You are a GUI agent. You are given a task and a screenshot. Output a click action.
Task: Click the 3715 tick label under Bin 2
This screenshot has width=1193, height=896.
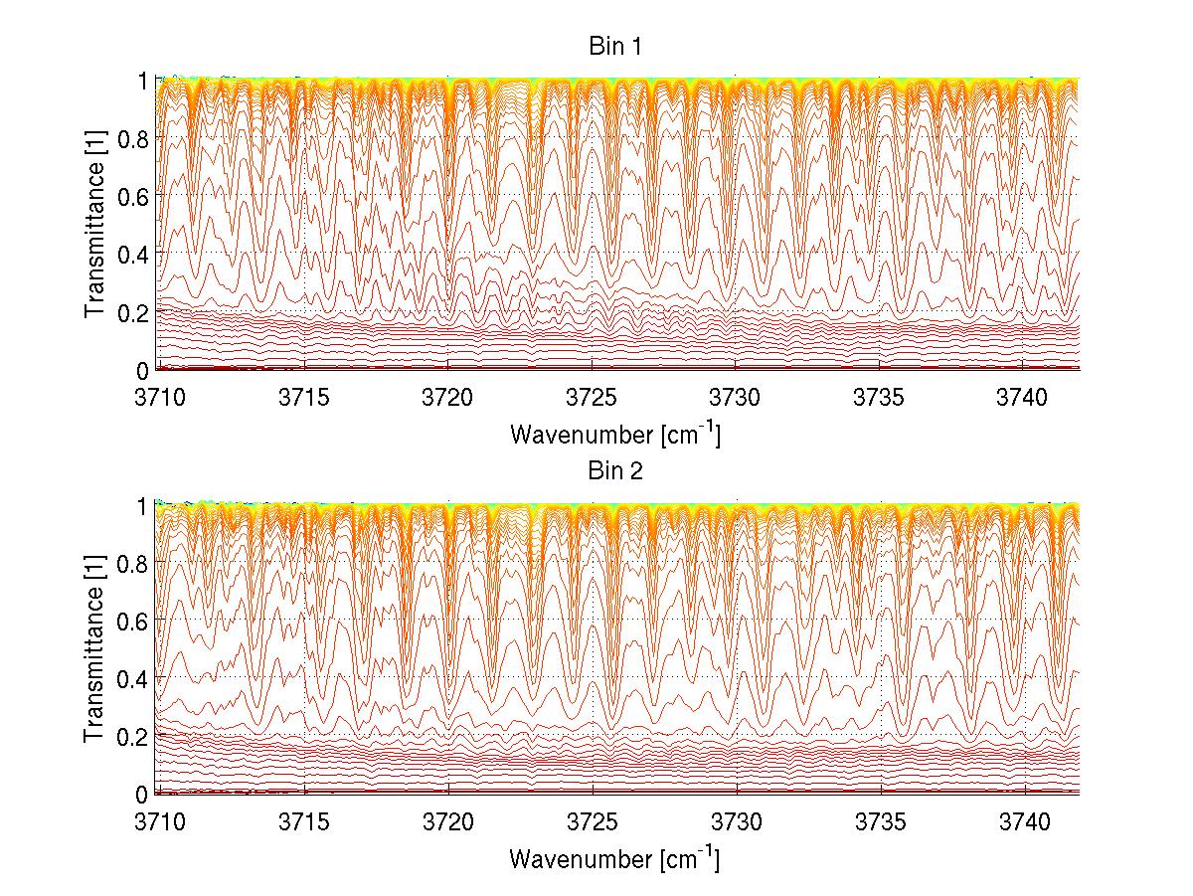point(304,824)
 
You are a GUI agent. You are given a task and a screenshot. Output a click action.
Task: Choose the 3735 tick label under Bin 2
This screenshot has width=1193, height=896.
point(881,824)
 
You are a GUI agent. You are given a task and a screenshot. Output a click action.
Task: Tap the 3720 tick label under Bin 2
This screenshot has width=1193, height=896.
point(448,824)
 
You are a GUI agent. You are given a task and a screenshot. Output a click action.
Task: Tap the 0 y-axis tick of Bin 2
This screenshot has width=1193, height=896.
point(143,795)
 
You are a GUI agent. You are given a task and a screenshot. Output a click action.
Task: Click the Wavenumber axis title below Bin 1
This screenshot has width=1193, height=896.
point(614,434)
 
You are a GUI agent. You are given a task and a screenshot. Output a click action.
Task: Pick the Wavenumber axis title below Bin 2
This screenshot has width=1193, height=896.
point(614,859)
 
